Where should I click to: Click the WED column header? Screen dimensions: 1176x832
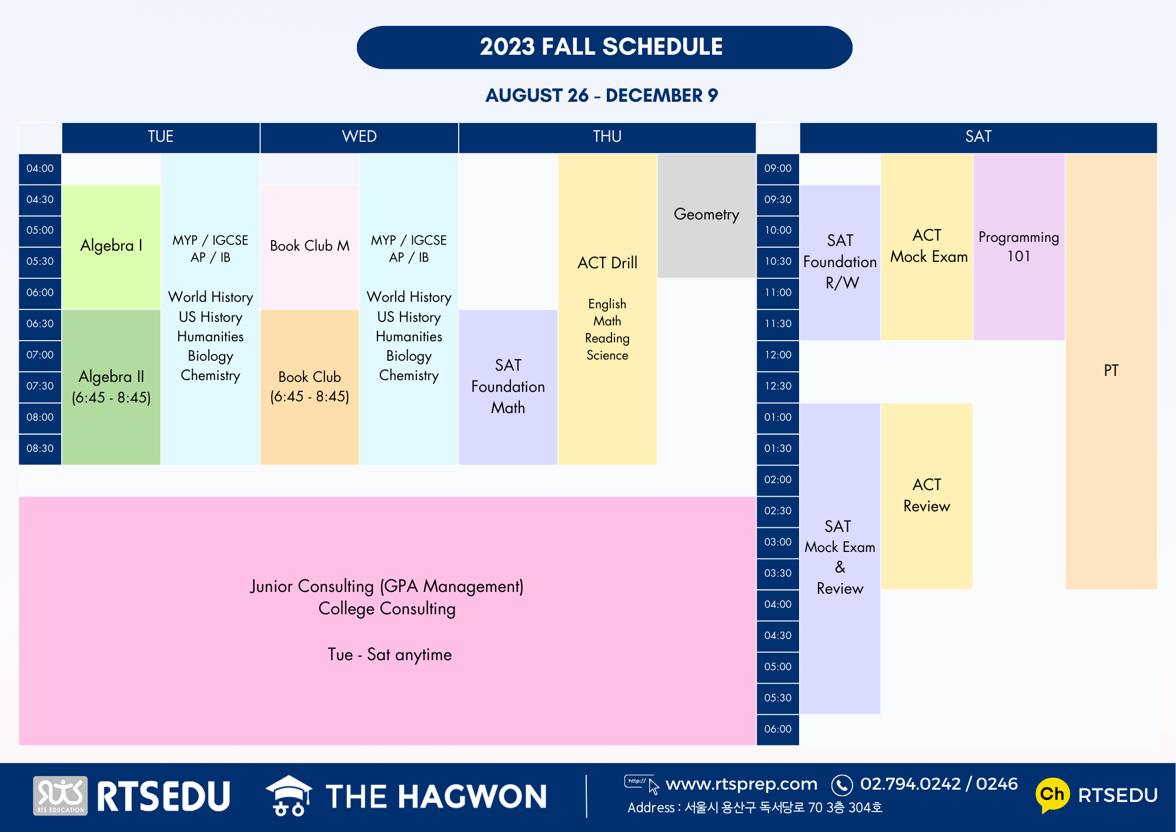click(x=359, y=137)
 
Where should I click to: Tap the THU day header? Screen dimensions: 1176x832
click(x=607, y=137)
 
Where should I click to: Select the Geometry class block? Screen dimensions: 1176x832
click(x=706, y=215)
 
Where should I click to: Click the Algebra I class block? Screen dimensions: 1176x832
click(x=111, y=247)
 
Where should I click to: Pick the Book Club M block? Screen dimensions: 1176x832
click(x=310, y=247)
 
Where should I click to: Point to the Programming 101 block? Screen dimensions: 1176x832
click(x=1019, y=247)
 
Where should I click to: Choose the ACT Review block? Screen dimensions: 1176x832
click(x=927, y=496)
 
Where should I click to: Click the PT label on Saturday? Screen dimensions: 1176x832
click(x=1111, y=371)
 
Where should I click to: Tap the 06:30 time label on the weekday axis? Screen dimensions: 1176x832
click(x=40, y=324)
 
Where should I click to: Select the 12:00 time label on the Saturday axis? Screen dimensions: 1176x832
click(x=778, y=355)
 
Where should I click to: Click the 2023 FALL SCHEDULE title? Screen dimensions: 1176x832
click(x=602, y=47)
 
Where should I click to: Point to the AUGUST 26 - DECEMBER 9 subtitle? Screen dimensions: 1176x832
click(x=602, y=95)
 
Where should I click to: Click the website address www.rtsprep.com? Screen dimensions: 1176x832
click(x=741, y=784)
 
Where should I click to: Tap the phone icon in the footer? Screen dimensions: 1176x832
click(x=842, y=785)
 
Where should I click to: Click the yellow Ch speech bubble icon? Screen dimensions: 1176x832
click(x=1053, y=795)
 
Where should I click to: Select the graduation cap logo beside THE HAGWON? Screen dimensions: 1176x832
click(x=289, y=796)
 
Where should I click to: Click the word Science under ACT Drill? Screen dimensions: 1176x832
click(x=607, y=355)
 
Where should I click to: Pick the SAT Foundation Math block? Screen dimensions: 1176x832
click(x=508, y=387)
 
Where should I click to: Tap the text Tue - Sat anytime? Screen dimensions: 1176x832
click(x=390, y=655)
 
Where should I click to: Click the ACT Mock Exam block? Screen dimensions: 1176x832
click(x=927, y=247)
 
